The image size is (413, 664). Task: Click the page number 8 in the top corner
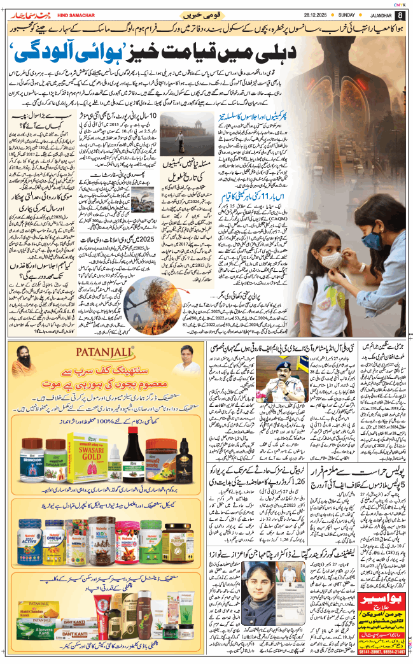[400, 15]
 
